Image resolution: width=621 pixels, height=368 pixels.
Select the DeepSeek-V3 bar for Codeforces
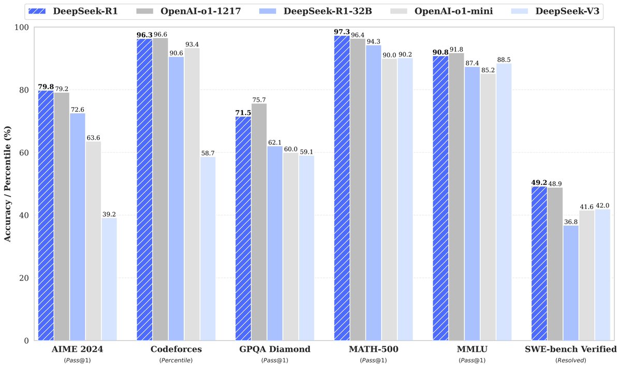pyautogui.click(x=208, y=248)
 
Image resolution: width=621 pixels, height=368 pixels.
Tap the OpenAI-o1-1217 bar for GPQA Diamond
pyautogui.click(x=259, y=222)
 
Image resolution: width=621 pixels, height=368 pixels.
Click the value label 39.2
pyautogui.click(x=109, y=214)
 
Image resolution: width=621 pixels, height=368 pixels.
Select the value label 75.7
pyautogui.click(x=259, y=100)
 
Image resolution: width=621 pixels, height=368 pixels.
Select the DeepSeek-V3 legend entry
pyautogui.click(x=554, y=10)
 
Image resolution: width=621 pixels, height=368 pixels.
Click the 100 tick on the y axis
pyautogui.click(x=22, y=27)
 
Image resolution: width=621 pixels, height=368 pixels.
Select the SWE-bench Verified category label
pyautogui.click(x=571, y=349)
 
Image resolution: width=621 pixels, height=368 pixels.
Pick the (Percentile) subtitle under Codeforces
pyautogui.click(x=176, y=360)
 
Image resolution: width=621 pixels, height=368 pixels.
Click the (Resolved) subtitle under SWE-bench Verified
pyautogui.click(x=571, y=360)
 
